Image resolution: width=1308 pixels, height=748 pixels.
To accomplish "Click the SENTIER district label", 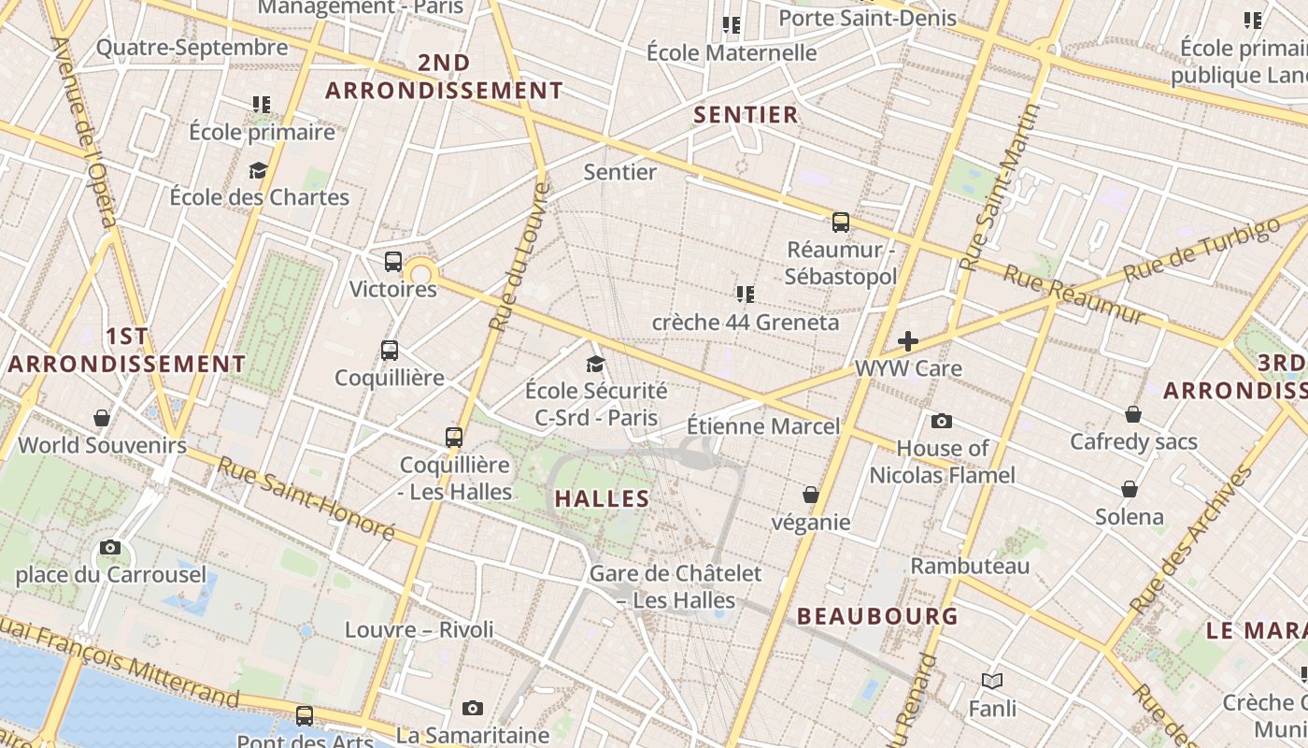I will [x=746, y=115].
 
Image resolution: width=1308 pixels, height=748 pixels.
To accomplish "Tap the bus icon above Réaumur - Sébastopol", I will [x=841, y=223].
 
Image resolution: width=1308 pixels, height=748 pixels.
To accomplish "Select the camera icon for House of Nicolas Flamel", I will [x=942, y=422].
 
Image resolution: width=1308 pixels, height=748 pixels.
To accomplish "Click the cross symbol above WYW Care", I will [x=907, y=341].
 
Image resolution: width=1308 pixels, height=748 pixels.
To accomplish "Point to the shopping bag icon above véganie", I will [x=811, y=495].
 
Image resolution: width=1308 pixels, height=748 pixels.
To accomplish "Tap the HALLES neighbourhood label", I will [x=602, y=498].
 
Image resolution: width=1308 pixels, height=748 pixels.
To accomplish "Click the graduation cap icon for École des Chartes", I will [x=258, y=170].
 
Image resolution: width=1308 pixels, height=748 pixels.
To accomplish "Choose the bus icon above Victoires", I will [x=393, y=262].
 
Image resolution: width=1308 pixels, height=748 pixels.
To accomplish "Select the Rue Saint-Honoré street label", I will [x=306, y=497].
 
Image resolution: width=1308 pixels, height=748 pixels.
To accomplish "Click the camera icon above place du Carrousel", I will [x=110, y=547].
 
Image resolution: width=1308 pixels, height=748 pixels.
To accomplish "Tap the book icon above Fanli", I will [x=992, y=682].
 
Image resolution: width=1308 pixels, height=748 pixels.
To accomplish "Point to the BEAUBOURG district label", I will [x=877, y=616].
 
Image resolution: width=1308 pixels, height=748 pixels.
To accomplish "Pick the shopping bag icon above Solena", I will [x=1130, y=489].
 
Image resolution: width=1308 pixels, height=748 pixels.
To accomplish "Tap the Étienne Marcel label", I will [x=763, y=426].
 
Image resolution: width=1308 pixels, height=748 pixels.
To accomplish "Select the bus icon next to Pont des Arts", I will [x=305, y=716].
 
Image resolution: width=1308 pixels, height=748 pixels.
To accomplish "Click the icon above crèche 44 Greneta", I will [x=745, y=295].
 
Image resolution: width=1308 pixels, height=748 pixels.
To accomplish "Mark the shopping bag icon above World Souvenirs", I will [x=102, y=418].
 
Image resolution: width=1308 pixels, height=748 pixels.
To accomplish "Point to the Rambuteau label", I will [x=970, y=566].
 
